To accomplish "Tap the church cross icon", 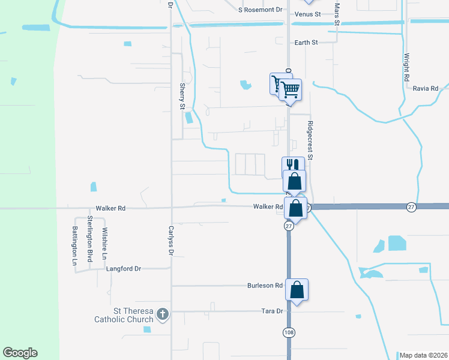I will [163, 314].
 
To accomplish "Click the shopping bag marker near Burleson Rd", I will [297, 290].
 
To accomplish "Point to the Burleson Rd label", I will [265, 286].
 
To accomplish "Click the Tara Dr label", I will [272, 311].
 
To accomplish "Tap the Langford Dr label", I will [123, 269].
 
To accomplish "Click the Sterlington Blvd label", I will [91, 238].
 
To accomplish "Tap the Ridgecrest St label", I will [310, 140].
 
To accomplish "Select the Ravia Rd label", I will [426, 88].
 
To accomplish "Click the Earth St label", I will [306, 43].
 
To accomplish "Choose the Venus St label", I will [305, 14].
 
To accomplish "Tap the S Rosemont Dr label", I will [260, 10].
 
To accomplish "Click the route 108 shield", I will [289, 332].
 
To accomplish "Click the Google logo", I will [20, 353].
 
